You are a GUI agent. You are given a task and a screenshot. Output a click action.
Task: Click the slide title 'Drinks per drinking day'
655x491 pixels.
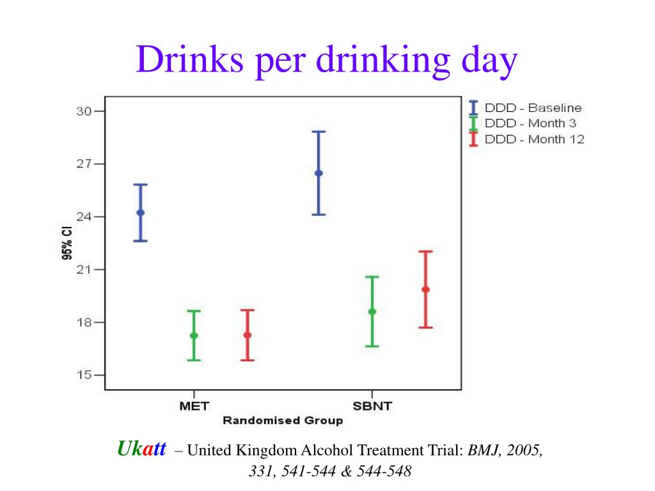[326, 61]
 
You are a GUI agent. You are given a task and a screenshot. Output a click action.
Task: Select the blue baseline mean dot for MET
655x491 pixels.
[141, 213]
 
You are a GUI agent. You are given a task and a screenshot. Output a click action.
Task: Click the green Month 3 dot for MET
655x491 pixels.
[194, 336]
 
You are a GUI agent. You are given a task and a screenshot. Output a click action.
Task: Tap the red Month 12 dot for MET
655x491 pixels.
[248, 335]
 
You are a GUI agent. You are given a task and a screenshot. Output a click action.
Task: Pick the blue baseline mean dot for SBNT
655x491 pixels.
[319, 173]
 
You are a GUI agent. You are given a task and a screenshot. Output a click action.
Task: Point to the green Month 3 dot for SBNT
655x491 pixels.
[372, 311]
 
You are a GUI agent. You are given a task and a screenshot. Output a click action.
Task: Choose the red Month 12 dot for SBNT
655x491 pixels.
[425, 290]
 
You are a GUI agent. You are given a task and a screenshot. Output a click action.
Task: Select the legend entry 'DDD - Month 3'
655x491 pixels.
[530, 123]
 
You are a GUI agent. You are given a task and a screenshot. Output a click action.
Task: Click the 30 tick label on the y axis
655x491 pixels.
[84, 111]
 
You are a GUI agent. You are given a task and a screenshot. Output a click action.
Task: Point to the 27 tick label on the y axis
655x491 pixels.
[84, 164]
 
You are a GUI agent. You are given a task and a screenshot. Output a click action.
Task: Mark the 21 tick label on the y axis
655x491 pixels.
[84, 270]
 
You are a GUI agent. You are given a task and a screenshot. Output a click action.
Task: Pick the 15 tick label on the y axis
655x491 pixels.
[84, 375]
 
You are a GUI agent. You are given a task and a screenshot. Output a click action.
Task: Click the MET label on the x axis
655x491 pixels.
[194, 405]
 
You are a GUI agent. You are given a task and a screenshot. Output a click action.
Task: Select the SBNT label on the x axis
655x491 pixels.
[372, 405]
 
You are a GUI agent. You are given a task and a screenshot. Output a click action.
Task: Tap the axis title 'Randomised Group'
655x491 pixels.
[282, 420]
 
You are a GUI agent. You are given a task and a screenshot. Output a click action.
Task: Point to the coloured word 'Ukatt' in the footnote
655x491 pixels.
[141, 449]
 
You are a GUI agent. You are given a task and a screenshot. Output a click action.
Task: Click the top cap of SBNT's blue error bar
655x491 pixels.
[319, 132]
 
